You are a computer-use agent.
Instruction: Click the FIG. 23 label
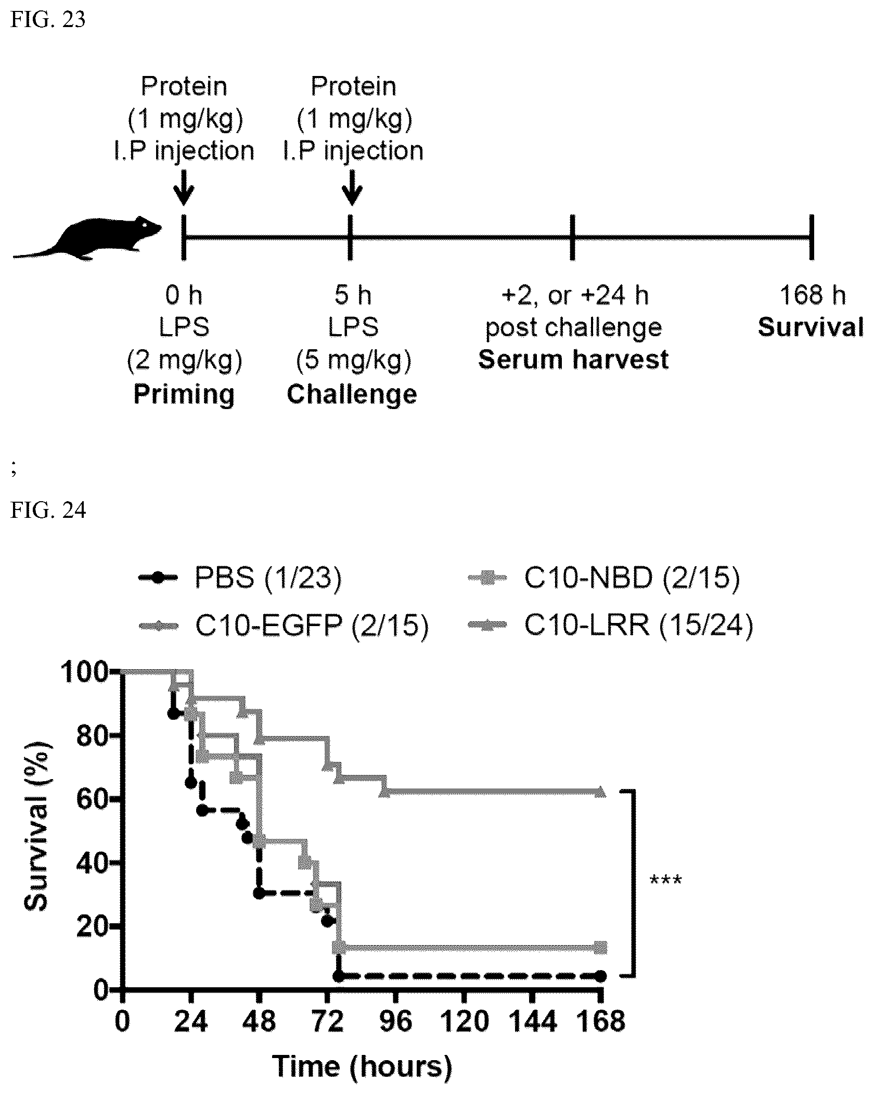point(48,20)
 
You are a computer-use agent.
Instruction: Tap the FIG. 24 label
point(48,511)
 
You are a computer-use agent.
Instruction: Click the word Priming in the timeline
point(184,395)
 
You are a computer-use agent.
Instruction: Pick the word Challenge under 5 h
point(352,394)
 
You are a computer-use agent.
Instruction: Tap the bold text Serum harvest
point(573,360)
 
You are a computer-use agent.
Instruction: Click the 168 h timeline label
point(812,295)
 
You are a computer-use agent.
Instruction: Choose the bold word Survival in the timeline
point(811,327)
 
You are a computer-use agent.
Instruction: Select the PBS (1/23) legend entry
point(240,578)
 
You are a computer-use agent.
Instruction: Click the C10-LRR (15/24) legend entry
point(610,625)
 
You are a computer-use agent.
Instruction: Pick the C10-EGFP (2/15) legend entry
point(284,626)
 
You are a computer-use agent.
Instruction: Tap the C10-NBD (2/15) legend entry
point(603,578)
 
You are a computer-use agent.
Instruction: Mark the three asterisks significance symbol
point(665,882)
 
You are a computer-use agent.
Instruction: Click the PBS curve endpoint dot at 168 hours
point(600,976)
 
